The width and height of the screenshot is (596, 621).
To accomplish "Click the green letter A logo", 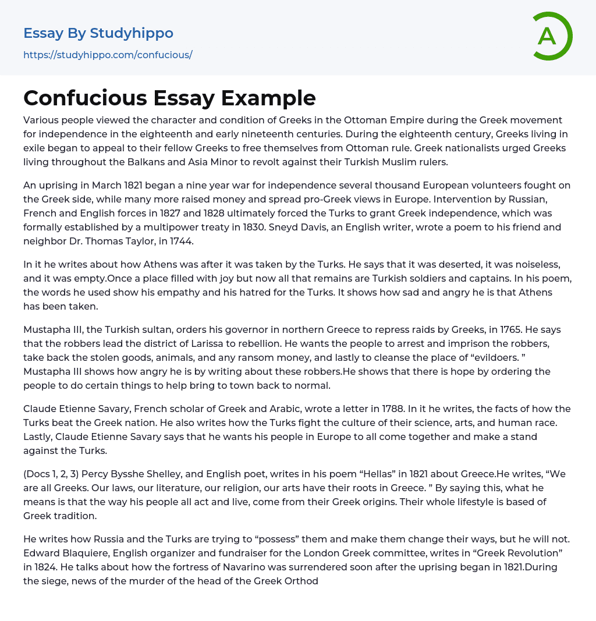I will tap(551, 36).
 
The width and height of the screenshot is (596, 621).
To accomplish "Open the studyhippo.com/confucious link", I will tap(108, 55).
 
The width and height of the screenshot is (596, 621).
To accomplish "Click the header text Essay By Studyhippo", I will tap(98, 33).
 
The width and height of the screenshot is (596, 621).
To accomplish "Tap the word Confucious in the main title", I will tap(84, 98).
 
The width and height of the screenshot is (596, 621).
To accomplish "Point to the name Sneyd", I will tap(396, 227).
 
